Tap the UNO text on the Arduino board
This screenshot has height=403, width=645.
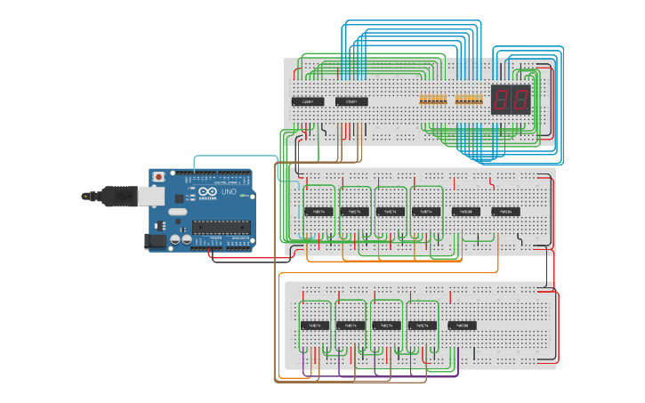(228, 192)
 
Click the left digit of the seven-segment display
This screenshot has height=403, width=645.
(501, 100)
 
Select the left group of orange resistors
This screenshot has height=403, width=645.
(433, 98)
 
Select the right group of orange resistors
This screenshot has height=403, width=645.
(468, 98)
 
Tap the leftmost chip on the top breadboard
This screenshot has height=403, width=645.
(308, 101)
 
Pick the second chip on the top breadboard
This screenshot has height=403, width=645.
(351, 101)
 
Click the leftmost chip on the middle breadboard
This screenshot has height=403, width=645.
(318, 212)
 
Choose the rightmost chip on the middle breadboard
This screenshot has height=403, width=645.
(505, 212)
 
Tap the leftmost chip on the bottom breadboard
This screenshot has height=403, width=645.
(315, 326)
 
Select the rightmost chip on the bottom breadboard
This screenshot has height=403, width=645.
(463, 326)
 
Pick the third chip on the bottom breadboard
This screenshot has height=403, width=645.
(386, 326)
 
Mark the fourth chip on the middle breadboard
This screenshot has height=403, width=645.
(425, 212)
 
